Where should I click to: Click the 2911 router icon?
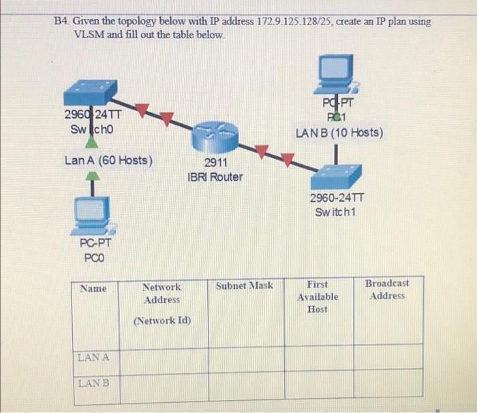click(211, 137)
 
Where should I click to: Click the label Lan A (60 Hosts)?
click(108, 161)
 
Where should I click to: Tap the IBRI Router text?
click(215, 177)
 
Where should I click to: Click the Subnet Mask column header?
click(245, 286)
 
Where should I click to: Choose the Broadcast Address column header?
click(387, 289)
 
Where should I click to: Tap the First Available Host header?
click(317, 296)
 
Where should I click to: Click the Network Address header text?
click(161, 293)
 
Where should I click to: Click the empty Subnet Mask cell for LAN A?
click(246, 357)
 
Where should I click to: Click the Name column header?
click(93, 288)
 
